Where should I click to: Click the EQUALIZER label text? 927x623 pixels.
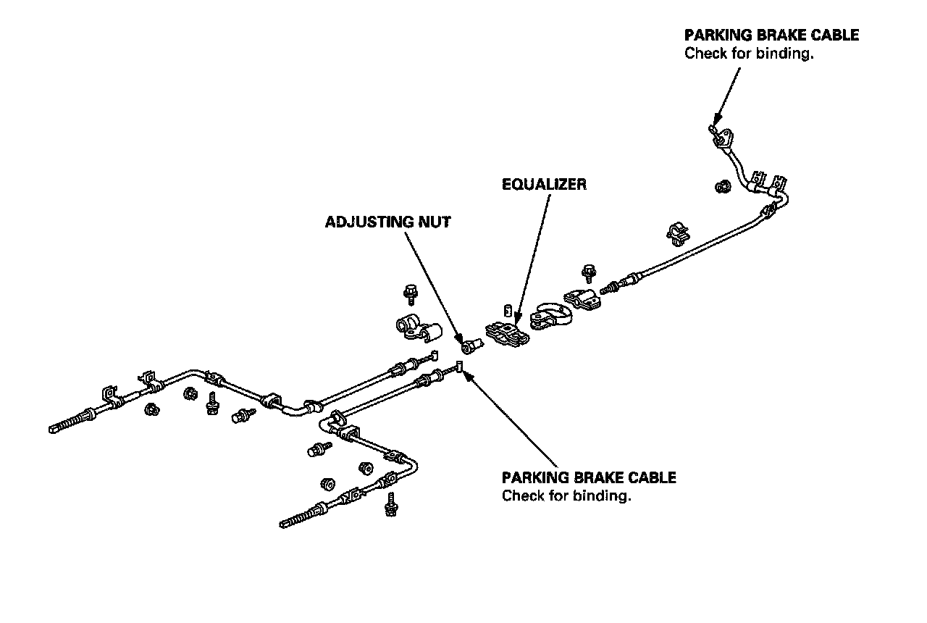[544, 185]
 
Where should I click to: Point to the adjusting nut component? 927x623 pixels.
[469, 347]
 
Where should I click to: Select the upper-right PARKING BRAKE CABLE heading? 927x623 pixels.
[771, 35]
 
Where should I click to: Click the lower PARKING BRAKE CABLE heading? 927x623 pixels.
[589, 478]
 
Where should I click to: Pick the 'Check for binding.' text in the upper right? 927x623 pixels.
[749, 54]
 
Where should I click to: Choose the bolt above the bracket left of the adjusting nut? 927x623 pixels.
[408, 294]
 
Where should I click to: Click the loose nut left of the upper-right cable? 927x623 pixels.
[722, 187]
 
